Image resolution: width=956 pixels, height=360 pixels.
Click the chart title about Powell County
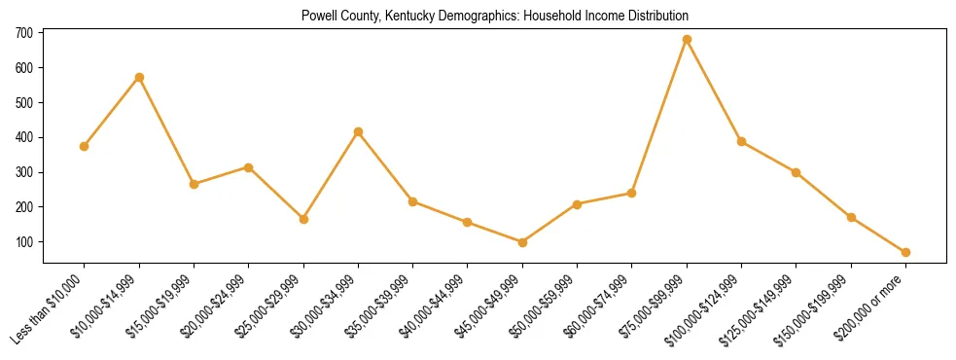[x=495, y=17]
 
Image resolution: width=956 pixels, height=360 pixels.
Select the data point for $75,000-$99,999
[x=687, y=40]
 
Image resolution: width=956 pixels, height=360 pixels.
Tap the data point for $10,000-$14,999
[x=139, y=77]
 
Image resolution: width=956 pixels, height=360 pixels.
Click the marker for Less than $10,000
[x=85, y=146]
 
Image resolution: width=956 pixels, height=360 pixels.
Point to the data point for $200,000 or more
[x=905, y=252]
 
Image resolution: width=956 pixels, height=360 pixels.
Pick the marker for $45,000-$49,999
[x=522, y=242]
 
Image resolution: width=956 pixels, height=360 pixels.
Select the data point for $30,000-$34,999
[x=358, y=131]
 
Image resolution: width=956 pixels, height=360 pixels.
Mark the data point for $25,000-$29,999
[x=303, y=219]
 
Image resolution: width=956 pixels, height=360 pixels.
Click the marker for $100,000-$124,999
[x=741, y=141]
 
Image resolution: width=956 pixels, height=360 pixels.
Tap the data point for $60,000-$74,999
[x=632, y=193]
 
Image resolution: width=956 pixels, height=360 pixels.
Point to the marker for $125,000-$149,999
[x=796, y=172]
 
